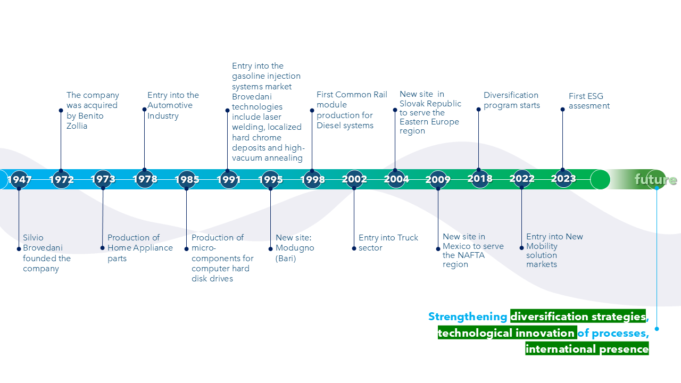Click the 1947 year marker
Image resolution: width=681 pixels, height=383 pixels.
[19, 180]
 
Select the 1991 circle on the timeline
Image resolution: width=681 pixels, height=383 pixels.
[229, 180]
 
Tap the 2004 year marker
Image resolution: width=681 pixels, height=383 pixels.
[396, 180]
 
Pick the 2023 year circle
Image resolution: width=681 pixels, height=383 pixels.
[563, 179]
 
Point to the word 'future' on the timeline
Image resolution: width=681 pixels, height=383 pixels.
[655, 180]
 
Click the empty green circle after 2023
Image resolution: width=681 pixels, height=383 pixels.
[600, 180]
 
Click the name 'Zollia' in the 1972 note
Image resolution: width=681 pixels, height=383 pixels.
[77, 126]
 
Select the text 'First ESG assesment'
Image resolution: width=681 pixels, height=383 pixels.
[589, 101]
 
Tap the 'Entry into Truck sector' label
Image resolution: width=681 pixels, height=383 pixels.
[388, 243]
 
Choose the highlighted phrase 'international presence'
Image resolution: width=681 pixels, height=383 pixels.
[587, 349]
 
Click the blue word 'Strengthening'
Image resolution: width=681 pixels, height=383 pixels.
[468, 317]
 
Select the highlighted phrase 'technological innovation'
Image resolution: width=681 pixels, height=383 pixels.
[506, 333]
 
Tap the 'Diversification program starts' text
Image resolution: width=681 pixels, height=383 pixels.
[511, 100]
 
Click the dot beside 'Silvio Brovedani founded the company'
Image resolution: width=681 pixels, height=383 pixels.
[19, 248]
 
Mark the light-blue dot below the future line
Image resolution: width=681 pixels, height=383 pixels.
[657, 329]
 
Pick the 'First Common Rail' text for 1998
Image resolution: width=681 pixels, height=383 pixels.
[352, 95]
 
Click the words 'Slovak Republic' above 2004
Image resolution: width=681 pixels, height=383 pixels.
[430, 104]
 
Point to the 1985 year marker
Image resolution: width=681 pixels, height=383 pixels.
[187, 180]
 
